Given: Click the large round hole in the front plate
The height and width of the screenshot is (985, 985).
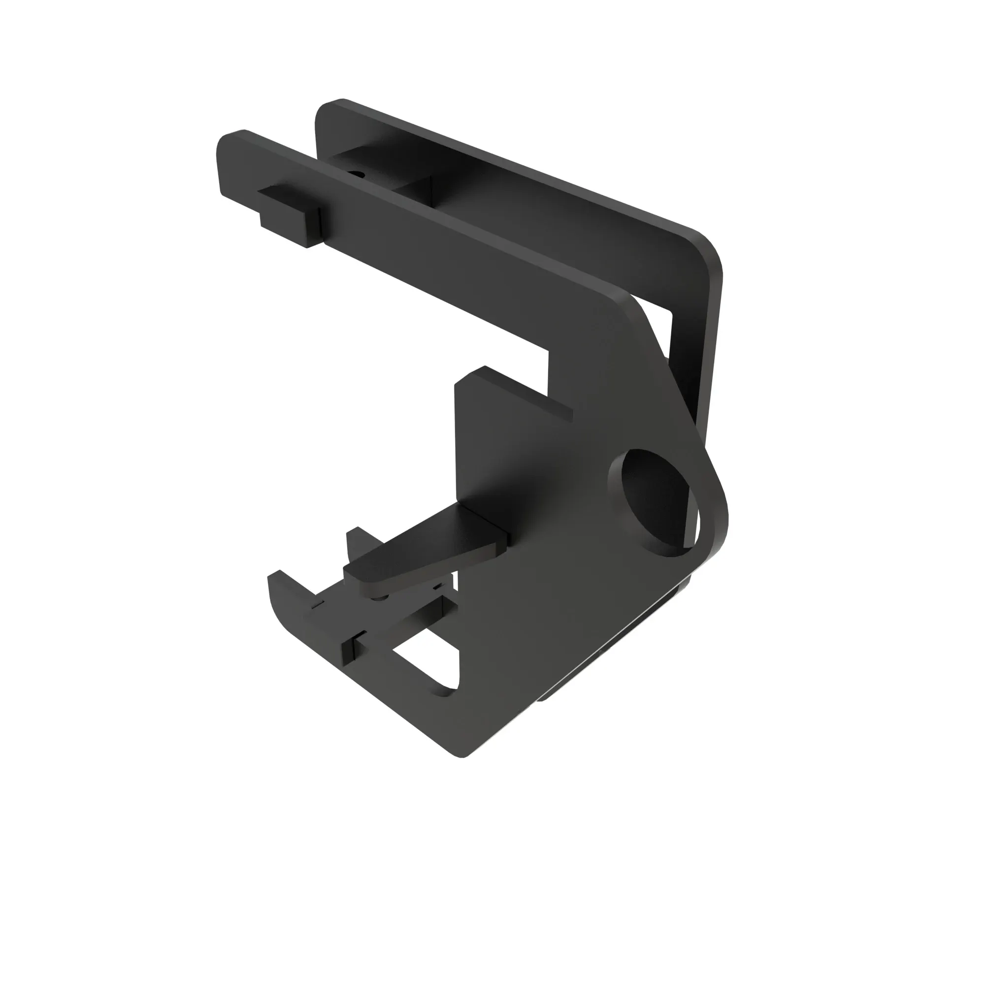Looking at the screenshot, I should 654,502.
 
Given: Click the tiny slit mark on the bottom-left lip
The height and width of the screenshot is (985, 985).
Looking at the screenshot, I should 318,603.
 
